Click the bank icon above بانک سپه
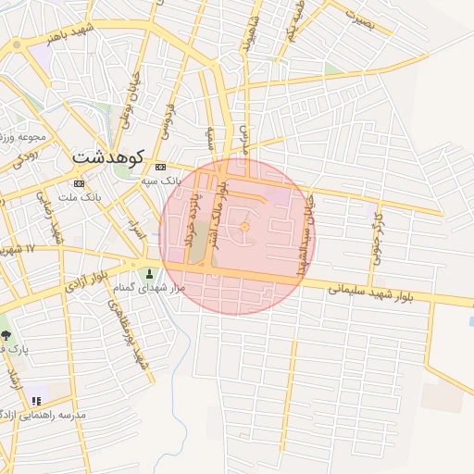[161, 167]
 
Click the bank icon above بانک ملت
[79, 183]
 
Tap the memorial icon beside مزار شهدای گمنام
[150, 274]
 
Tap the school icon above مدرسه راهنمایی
[36, 401]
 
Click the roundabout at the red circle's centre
[244, 228]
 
